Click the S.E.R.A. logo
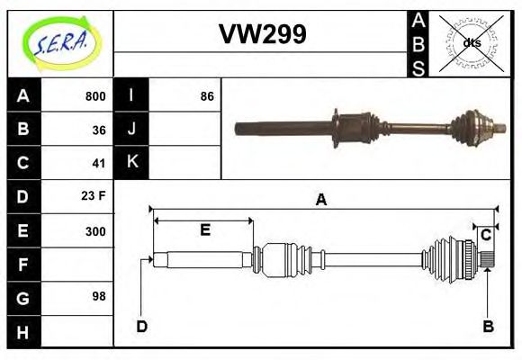tap(60, 43)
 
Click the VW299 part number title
tap(262, 34)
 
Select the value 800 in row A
tap(94, 96)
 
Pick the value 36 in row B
tap(99, 130)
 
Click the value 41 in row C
tap(99, 164)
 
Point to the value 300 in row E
tap(94, 230)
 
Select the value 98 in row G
tap(99, 295)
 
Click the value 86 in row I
tap(207, 96)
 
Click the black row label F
tap(23, 264)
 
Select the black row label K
tap(131, 163)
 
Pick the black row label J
tap(131, 130)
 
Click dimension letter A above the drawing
tap(320, 200)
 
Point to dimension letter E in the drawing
tap(204, 230)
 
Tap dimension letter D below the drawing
tap(141, 326)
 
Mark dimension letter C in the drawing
tap(485, 235)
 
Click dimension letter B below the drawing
tap(488, 326)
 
